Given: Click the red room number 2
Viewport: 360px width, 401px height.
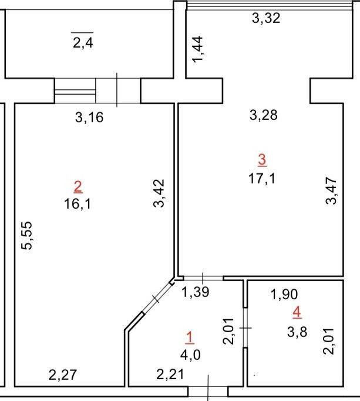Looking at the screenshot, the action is click(78, 187).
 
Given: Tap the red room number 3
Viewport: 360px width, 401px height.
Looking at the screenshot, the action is click(262, 160).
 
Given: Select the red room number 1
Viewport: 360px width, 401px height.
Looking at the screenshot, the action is click(190, 337).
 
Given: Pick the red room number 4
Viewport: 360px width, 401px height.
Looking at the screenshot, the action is click(297, 313).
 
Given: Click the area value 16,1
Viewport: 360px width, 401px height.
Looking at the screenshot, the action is click(78, 205).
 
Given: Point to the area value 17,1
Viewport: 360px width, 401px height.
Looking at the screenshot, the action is click(262, 178).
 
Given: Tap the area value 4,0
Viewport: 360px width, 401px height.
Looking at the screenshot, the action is click(190, 355).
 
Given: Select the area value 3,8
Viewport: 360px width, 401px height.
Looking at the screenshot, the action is click(297, 332).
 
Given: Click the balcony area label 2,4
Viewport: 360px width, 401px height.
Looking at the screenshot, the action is click(83, 43).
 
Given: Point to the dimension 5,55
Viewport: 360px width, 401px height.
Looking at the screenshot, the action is click(27, 235).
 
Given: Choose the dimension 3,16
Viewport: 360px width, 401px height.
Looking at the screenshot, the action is click(89, 118).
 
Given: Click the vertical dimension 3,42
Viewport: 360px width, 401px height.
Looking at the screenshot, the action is click(159, 193).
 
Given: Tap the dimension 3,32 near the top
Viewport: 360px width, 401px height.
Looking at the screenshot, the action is click(266, 18).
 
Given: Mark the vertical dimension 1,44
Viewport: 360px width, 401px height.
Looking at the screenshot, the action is click(198, 49).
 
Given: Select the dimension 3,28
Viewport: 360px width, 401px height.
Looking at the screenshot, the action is click(264, 115).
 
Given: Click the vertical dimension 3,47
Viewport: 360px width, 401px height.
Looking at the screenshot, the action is click(331, 191).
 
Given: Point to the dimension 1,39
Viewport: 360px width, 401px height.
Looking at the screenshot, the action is click(196, 292).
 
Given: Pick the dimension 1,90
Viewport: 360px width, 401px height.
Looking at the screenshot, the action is click(284, 295).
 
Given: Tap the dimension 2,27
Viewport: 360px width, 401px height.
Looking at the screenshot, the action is click(63, 375).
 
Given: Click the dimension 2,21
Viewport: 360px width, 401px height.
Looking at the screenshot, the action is click(170, 375).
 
